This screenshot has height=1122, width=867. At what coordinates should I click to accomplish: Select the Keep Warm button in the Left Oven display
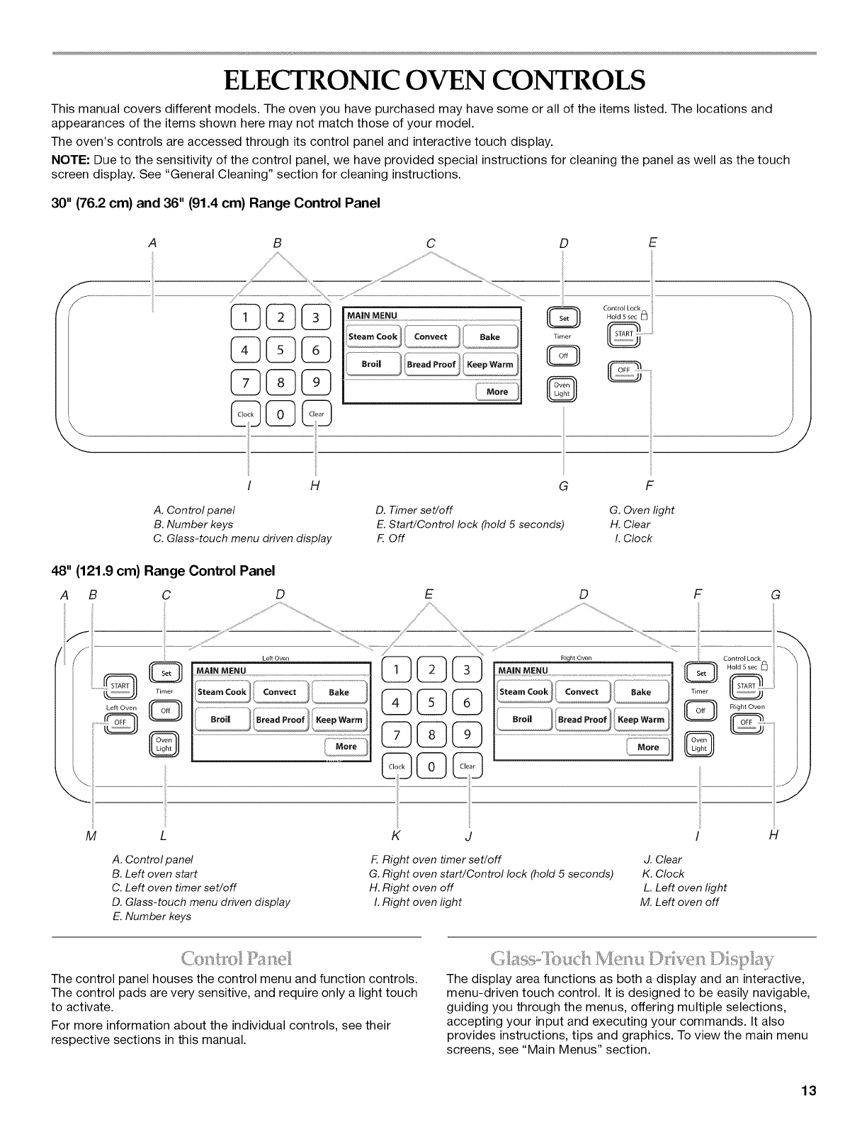coord(339,720)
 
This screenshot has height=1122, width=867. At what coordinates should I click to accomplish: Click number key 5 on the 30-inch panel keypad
coord(280,350)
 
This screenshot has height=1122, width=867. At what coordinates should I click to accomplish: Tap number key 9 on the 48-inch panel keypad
coord(467,735)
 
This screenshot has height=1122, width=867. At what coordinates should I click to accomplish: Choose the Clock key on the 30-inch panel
coord(246,414)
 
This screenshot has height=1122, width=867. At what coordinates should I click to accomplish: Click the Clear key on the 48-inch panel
coord(467,766)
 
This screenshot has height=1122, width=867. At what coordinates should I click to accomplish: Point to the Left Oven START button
coord(119,686)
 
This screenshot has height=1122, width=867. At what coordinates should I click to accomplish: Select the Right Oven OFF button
coord(746,722)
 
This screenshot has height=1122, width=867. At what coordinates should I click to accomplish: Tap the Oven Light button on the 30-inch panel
coord(562,390)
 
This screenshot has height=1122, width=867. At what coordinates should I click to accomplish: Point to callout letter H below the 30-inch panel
coord(314,486)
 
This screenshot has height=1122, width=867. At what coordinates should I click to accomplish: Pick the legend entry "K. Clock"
coord(663,873)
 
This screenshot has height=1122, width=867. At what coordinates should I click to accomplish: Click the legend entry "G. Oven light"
coord(642,510)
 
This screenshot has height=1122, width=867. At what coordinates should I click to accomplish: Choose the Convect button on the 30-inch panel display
coord(431,336)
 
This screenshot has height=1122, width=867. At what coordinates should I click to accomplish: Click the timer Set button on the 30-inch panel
coord(564,318)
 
